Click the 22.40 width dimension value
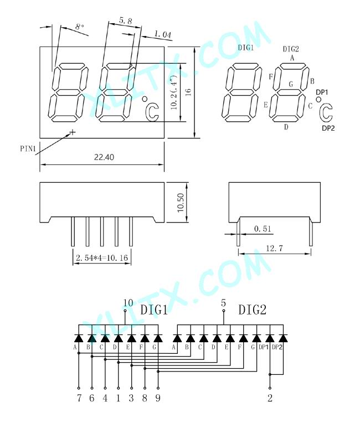(x=104, y=157)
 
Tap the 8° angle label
(x=80, y=27)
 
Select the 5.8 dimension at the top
(x=126, y=20)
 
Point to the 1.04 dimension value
(x=163, y=34)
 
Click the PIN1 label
(x=28, y=148)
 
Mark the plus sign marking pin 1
(x=73, y=132)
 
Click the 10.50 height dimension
(x=181, y=203)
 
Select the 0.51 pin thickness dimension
(x=263, y=229)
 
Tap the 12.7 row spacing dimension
(x=275, y=248)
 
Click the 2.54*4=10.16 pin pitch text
(x=102, y=258)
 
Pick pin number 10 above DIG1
(x=128, y=303)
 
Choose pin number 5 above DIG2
(x=223, y=303)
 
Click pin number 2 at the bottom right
(x=270, y=398)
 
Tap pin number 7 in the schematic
(x=79, y=398)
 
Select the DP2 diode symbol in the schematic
(x=283, y=338)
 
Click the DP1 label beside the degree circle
(x=322, y=92)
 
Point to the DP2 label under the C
(x=328, y=128)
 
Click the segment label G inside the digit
(x=291, y=84)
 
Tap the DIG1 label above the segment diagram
(x=246, y=48)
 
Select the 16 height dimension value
(x=188, y=92)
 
